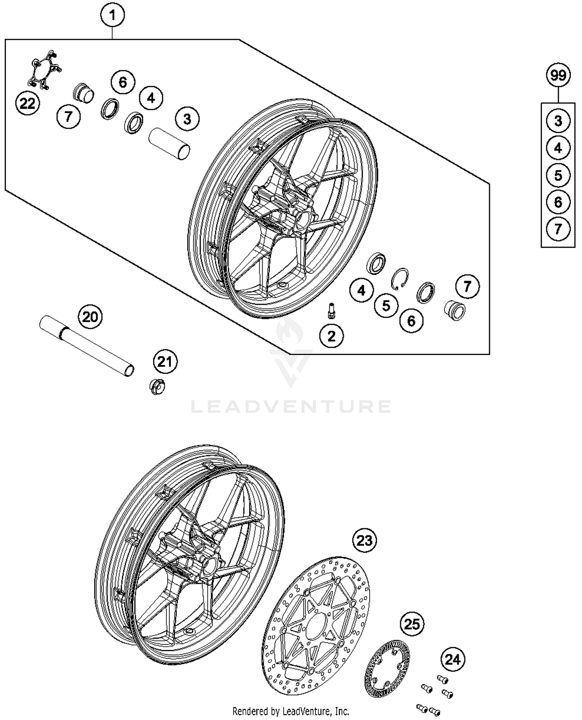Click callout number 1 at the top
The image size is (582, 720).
[x=113, y=16]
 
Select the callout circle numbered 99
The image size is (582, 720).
[x=558, y=75]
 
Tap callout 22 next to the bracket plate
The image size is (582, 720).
[x=28, y=104]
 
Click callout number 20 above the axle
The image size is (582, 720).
[x=90, y=317]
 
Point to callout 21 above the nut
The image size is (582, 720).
[x=165, y=362]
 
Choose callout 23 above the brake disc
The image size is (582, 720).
[x=364, y=540]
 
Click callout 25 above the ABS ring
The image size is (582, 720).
[x=412, y=624]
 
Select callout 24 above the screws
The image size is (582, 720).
[x=452, y=660]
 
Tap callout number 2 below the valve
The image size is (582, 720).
[x=332, y=336]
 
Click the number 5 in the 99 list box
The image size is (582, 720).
[x=558, y=175]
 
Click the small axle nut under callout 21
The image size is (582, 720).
[x=157, y=387]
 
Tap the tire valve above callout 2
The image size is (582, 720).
[x=331, y=311]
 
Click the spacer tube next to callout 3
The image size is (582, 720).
[x=170, y=143]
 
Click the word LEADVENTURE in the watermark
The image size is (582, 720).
[x=291, y=407]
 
